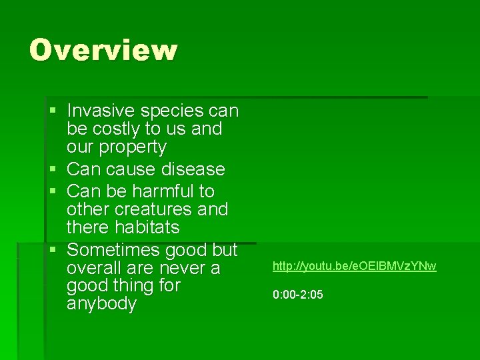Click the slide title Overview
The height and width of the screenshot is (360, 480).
(103, 50)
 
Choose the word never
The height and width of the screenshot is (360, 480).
(180, 268)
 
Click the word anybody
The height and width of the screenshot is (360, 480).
(101, 304)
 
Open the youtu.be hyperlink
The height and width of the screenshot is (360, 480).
(354, 267)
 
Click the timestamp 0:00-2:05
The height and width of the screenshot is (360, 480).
(297, 295)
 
